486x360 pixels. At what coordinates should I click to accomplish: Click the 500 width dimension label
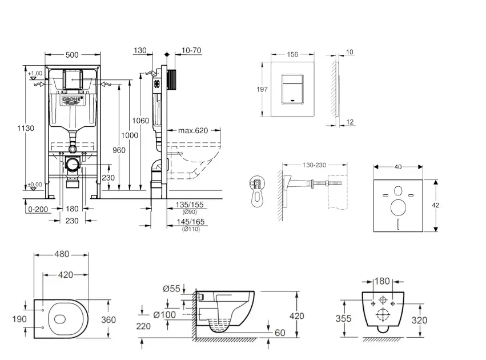click(x=71, y=55)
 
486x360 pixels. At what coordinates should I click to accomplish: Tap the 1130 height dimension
click(x=25, y=128)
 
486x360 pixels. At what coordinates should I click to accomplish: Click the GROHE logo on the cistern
click(x=72, y=101)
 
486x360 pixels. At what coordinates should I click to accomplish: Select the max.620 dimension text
click(x=192, y=131)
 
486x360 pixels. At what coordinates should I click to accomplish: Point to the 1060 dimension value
click(x=140, y=121)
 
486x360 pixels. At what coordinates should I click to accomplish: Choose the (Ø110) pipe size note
click(x=190, y=229)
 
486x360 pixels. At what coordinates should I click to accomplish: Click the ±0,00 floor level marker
click(x=35, y=184)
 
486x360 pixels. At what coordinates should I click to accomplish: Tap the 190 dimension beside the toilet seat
click(x=19, y=318)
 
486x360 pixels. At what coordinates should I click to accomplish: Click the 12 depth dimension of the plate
click(x=350, y=122)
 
